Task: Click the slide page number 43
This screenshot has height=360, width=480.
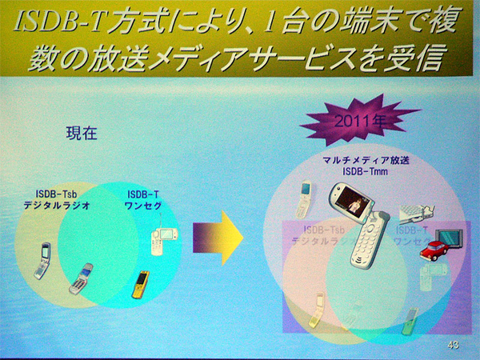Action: point(453,345)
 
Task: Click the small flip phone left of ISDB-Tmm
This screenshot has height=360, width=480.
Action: point(304,200)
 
